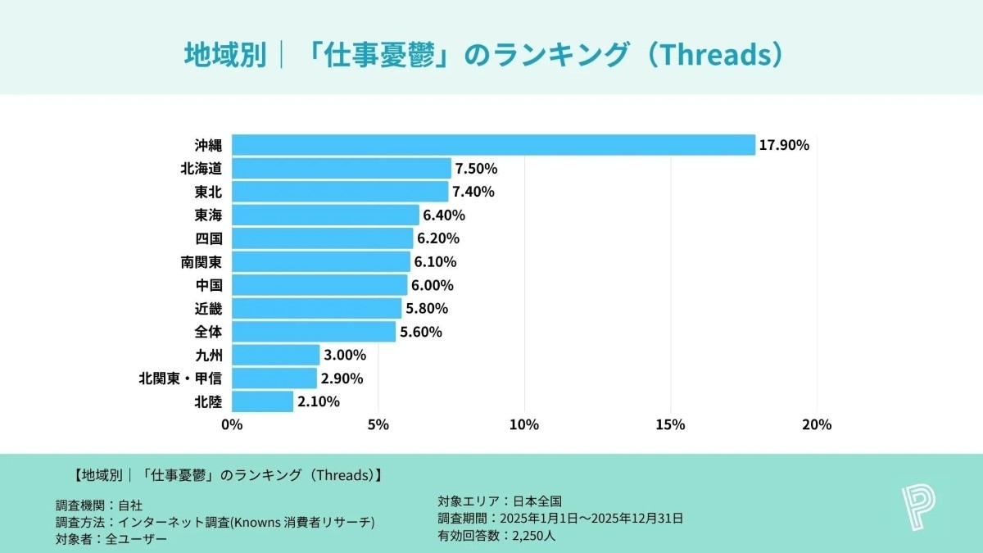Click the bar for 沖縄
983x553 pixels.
pyautogui.click(x=493, y=145)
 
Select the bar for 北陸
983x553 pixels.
pyautogui.click(x=262, y=401)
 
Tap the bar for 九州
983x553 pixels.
pyautogui.click(x=275, y=355)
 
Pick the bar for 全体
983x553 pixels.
pyautogui.click(x=314, y=332)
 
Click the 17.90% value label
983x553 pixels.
pyautogui.click(x=784, y=145)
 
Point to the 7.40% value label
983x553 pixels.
pyautogui.click(x=474, y=192)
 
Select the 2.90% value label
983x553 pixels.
pyautogui.click(x=342, y=378)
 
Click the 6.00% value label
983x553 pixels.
pyautogui.click(x=433, y=285)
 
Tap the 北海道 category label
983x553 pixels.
pyautogui.click(x=202, y=169)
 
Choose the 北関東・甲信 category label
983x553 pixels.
pyautogui.click(x=180, y=378)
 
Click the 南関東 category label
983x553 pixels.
pyautogui.click(x=202, y=262)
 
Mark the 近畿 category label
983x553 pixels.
pyautogui.click(x=208, y=309)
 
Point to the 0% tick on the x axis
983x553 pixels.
pyautogui.click(x=232, y=424)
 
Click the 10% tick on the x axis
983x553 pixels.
pyautogui.click(x=524, y=424)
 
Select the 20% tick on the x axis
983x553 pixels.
pyautogui.click(x=817, y=424)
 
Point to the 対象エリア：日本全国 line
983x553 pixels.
pyautogui.click(x=501, y=501)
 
